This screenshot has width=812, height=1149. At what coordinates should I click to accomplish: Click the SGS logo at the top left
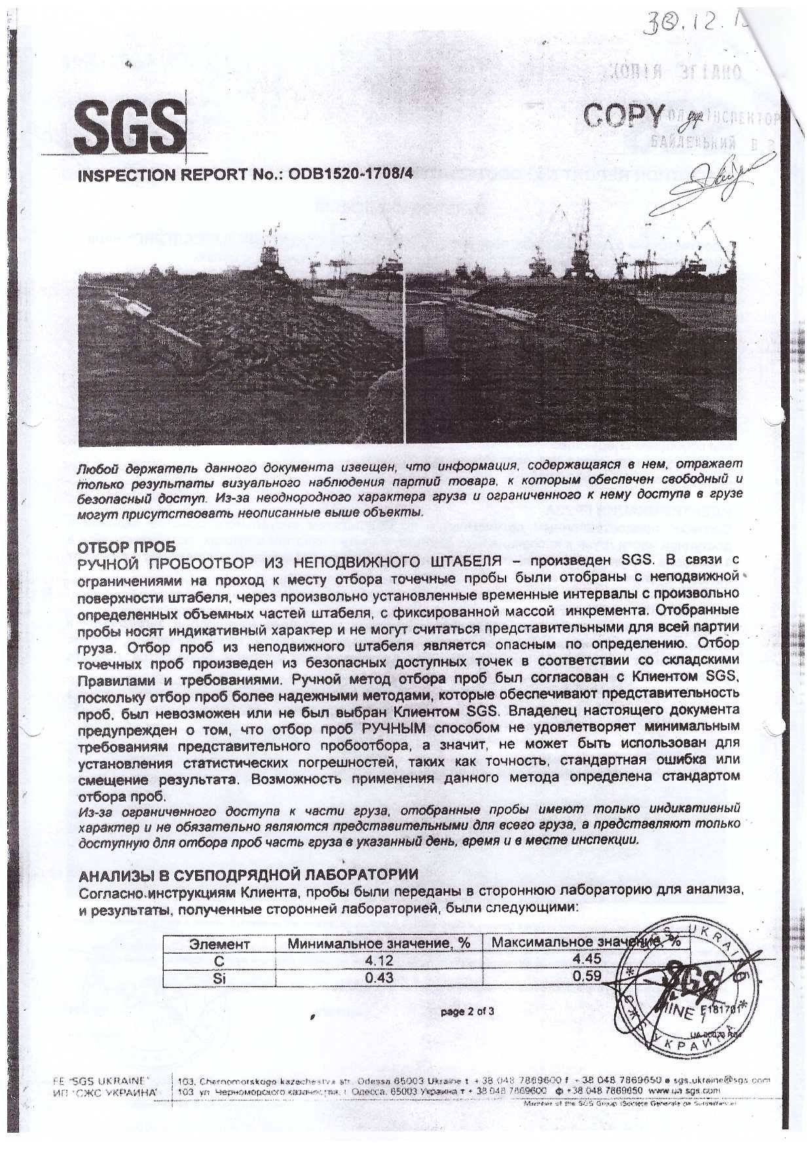coord(130,126)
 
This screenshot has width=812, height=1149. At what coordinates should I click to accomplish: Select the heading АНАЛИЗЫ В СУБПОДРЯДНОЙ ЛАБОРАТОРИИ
coord(248,875)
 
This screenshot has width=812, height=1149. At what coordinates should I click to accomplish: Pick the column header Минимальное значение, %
coord(380,944)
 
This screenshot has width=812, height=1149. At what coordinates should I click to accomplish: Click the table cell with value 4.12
coord(380,960)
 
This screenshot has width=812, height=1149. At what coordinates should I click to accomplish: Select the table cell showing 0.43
coord(380,977)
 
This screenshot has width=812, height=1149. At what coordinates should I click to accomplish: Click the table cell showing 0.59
coord(586,977)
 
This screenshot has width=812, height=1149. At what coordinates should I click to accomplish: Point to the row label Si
coord(219,977)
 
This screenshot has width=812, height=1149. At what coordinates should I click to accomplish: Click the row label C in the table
coord(219,960)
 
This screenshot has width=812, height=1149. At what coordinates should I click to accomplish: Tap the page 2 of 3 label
coord(468,1011)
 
